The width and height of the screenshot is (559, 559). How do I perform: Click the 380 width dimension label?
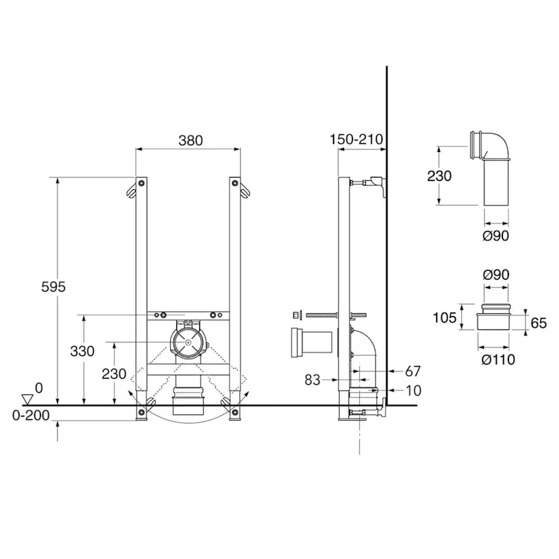(x=191, y=140)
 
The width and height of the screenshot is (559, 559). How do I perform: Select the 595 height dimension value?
(x=53, y=287)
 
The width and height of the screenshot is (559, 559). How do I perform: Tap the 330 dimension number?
(x=82, y=351)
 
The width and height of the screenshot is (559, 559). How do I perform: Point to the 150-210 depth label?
(x=356, y=139)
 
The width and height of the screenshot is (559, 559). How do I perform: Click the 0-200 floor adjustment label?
(x=31, y=415)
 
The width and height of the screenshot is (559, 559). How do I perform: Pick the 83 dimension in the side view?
(x=313, y=380)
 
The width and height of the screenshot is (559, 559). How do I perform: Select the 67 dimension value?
(x=412, y=371)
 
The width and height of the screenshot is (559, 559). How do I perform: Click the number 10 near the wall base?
(x=414, y=391)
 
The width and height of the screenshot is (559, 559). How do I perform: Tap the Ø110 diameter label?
(x=498, y=360)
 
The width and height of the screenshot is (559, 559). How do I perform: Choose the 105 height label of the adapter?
(x=444, y=317)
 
